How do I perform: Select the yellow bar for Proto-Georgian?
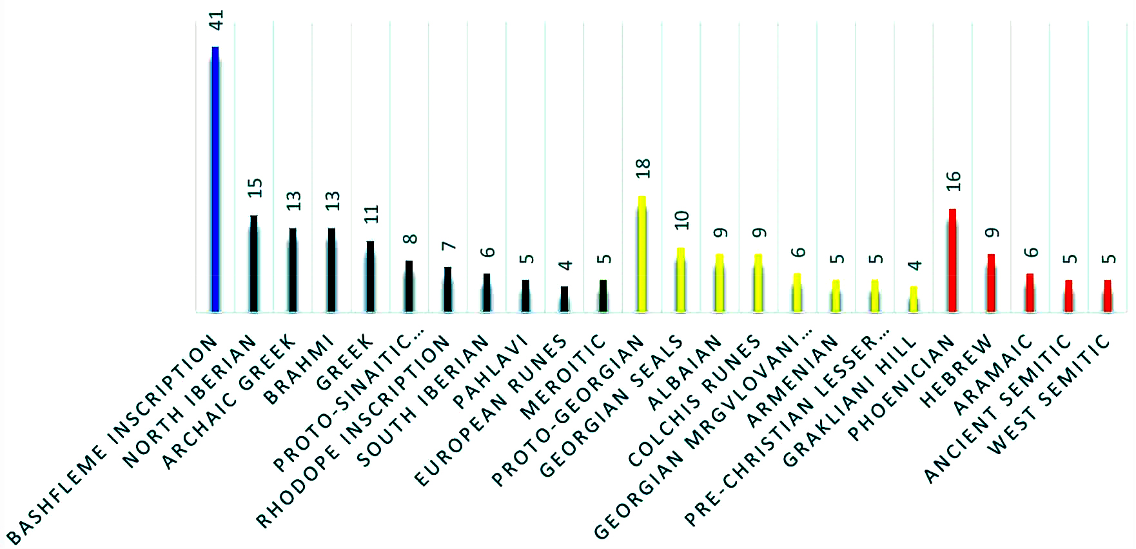[641, 254]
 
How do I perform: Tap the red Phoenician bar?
[952, 261]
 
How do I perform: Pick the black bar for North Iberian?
[254, 264]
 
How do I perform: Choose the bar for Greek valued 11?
[370, 277]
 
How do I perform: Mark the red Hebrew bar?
[991, 283]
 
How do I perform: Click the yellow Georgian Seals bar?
[680, 280]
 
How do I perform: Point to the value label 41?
[217, 21]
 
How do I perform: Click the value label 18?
[643, 168]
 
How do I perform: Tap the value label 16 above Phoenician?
[954, 181]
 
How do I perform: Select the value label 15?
[255, 188]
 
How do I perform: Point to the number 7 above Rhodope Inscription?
[449, 246]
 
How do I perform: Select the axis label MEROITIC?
[563, 377]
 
